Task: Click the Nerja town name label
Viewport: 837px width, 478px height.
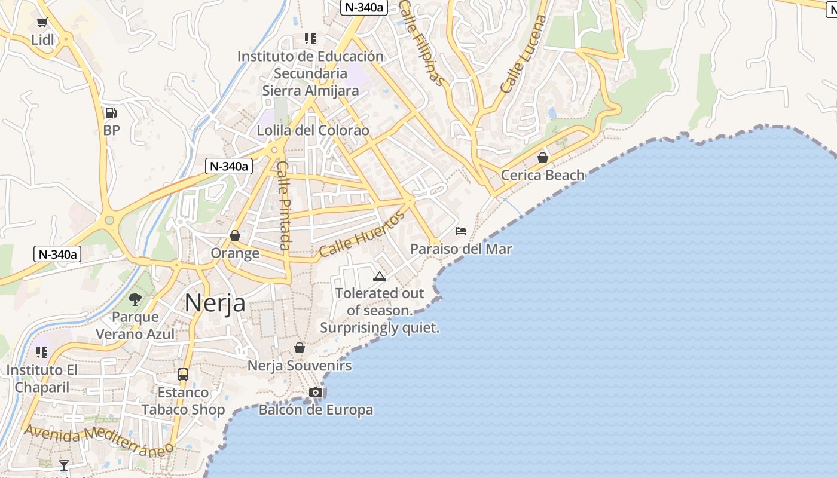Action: [x=215, y=303]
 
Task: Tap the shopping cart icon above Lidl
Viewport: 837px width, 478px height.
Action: [x=42, y=23]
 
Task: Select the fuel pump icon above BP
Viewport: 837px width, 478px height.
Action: [x=111, y=112]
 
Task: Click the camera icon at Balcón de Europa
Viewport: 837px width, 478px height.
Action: [x=316, y=392]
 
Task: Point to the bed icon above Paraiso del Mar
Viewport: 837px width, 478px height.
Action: [x=461, y=231]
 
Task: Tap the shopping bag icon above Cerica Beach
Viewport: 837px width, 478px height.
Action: [x=543, y=158]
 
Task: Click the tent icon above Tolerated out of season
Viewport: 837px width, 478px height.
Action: [x=380, y=276]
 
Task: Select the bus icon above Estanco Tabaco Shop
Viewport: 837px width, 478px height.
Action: [x=183, y=375]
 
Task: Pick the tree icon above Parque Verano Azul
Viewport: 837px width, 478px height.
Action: [x=136, y=299]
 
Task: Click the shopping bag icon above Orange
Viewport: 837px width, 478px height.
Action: [x=235, y=235]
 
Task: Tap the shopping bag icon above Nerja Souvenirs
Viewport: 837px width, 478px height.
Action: [x=300, y=348]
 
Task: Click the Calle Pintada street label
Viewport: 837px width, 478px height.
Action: [x=283, y=206]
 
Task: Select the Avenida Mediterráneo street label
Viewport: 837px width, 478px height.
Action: [x=99, y=439]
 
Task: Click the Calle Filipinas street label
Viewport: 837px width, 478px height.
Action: [x=422, y=43]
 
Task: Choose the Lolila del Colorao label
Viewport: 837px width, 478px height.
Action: [x=313, y=130]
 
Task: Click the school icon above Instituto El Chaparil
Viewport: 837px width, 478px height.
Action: [x=42, y=353]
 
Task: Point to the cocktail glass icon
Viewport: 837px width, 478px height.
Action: [x=64, y=465]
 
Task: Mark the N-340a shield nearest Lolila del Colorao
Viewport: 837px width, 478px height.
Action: [x=229, y=166]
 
